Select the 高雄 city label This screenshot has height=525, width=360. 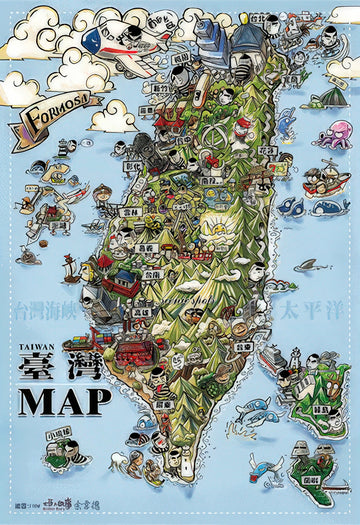coord(141,312)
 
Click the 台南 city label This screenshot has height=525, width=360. coord(151,271)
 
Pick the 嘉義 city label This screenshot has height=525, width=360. coord(147,246)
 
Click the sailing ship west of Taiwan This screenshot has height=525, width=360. coord(69,268)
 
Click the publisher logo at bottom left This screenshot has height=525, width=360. coord(68,508)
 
